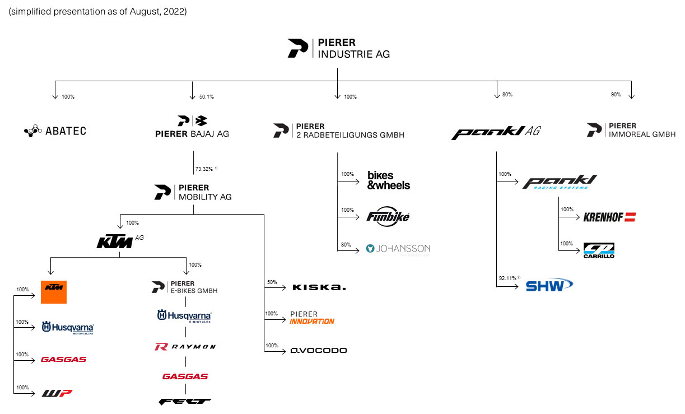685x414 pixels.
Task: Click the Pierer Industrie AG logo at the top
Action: [x=338, y=48]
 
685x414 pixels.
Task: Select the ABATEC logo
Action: [x=55, y=131]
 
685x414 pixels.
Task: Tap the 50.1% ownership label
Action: [x=206, y=97]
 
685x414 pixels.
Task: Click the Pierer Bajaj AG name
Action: [x=192, y=134]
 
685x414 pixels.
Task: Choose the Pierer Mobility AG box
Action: [x=193, y=192]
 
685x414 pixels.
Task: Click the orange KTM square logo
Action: [x=54, y=291]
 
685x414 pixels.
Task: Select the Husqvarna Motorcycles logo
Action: [x=68, y=328]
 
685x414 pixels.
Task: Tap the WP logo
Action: [x=57, y=393]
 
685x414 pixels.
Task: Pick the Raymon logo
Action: [x=185, y=347]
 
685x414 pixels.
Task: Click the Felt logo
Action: [x=185, y=401]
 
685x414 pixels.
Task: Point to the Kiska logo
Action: [x=319, y=287]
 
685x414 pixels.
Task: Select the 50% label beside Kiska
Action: [x=272, y=282]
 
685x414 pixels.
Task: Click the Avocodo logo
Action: [x=318, y=351]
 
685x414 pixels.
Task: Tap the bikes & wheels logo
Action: [x=388, y=180]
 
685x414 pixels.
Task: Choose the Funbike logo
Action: [x=388, y=216]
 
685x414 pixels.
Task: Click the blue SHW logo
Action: [x=549, y=285]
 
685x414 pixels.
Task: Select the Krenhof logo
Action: [x=609, y=217]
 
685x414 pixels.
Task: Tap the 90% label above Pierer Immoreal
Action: [x=616, y=95]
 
